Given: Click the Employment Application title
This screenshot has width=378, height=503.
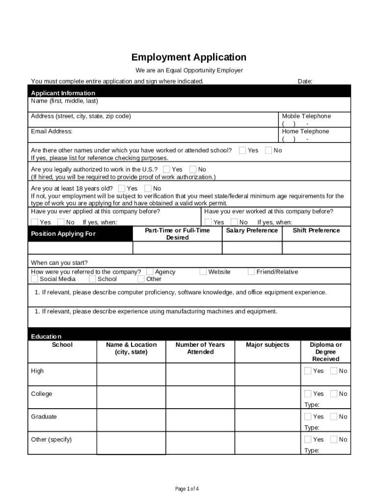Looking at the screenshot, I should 189,57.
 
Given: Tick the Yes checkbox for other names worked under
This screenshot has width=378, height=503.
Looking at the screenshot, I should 243,150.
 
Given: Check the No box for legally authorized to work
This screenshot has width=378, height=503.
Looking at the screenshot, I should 193,169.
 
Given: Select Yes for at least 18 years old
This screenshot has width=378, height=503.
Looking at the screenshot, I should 122,189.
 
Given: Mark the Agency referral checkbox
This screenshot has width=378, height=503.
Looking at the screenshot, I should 150,272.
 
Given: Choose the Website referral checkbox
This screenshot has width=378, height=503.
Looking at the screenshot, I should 203,272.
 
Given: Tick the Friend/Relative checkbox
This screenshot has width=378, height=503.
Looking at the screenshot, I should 251,272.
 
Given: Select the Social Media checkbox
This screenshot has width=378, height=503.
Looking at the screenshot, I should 34,279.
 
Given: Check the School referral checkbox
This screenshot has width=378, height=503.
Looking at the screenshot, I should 92,279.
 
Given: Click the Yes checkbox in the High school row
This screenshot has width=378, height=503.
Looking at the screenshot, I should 308,371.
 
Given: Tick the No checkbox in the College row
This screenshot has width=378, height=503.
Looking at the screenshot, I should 334,393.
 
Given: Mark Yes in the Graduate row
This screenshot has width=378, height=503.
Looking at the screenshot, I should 308,417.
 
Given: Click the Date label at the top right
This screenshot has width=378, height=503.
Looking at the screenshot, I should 305,82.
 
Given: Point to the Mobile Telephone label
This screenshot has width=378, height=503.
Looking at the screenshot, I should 306,116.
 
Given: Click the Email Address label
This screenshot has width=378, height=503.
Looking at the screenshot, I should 52,132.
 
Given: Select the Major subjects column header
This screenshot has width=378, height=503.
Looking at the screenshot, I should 268,345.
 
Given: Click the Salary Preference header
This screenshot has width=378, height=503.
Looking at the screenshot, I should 252,230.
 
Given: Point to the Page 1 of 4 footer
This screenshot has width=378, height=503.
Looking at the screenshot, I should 187,489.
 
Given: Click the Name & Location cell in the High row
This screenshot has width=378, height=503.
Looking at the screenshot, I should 131,375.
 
